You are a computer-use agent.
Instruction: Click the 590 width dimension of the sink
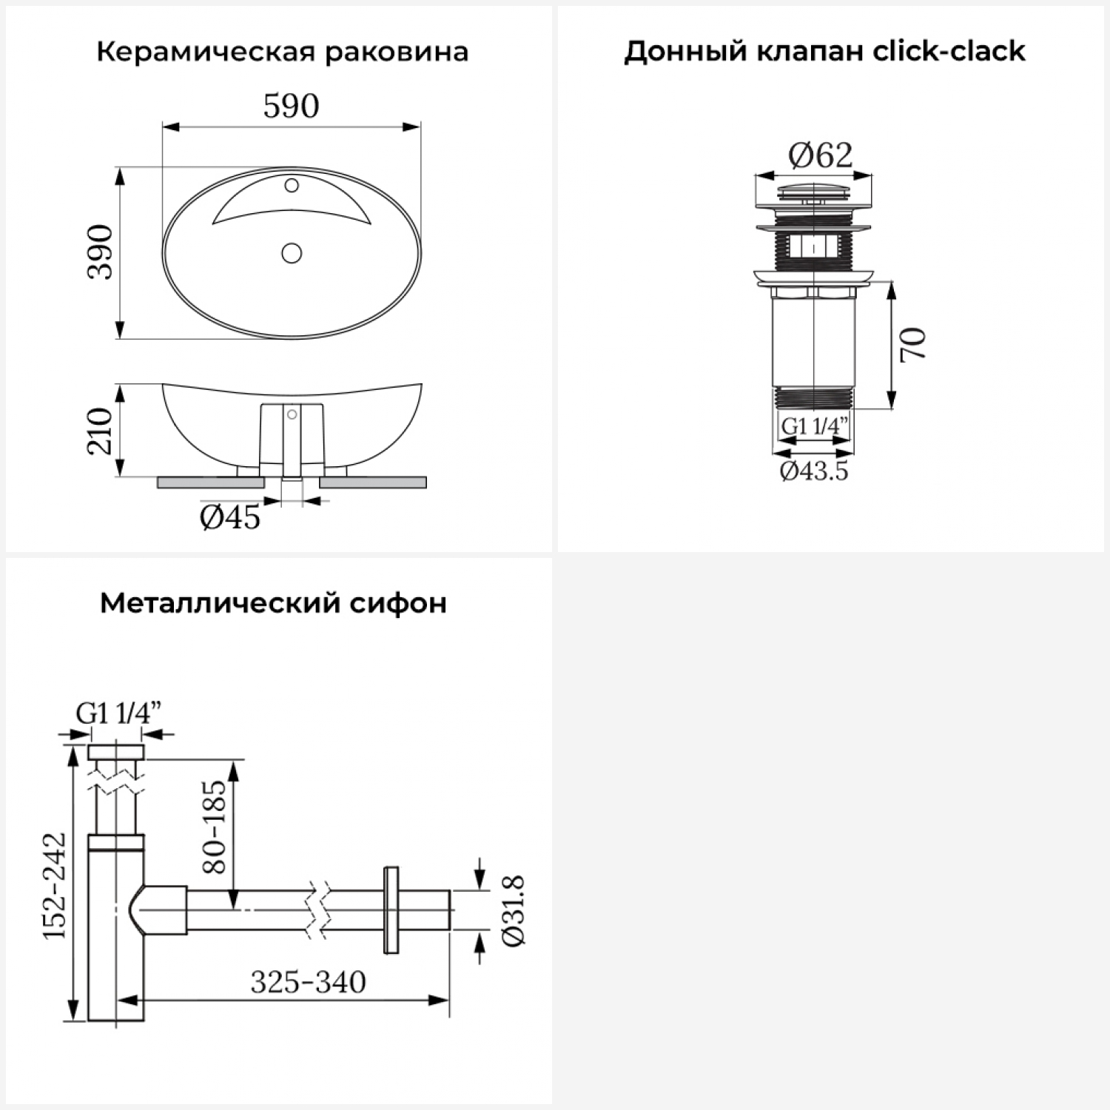tap(291, 107)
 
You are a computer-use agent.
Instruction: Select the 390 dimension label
tap(101, 252)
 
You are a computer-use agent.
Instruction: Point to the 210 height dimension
tap(99, 431)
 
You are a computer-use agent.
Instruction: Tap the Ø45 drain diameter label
tap(230, 518)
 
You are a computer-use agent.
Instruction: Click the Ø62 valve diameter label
tap(820, 155)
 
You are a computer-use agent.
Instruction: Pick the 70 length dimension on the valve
tap(914, 344)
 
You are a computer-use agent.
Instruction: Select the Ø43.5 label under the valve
tap(814, 471)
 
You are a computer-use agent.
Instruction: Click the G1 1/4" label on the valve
tap(815, 426)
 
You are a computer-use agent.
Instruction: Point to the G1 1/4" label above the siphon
tap(118, 713)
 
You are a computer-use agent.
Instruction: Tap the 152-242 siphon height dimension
tap(55, 886)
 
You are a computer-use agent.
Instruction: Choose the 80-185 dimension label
tap(214, 827)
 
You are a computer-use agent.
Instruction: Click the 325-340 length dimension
tap(308, 983)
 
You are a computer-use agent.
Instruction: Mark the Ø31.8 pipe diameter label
tap(514, 910)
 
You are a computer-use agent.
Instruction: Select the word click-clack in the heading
tap(949, 51)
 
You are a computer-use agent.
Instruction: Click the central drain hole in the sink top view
tap(292, 254)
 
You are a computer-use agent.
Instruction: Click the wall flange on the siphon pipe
tap(391, 909)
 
